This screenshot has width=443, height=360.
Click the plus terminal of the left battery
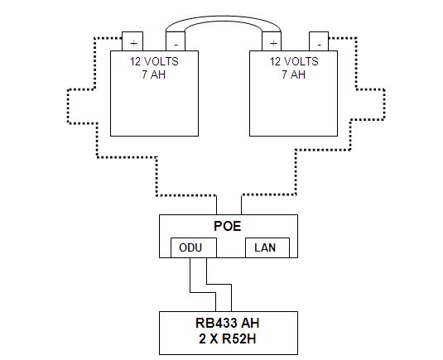(x=132, y=42)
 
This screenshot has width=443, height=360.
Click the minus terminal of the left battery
(x=176, y=42)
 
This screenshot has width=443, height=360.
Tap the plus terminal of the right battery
(x=272, y=42)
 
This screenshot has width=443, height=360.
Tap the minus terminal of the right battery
(x=318, y=42)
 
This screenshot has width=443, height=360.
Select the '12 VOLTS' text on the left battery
(x=153, y=61)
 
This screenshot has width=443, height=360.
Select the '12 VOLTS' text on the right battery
(x=294, y=61)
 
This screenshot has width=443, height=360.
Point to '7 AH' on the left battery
(x=153, y=74)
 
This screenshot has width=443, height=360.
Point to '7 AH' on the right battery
(x=294, y=74)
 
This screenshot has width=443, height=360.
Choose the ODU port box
(x=192, y=247)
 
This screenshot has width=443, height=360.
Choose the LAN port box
(x=265, y=247)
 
